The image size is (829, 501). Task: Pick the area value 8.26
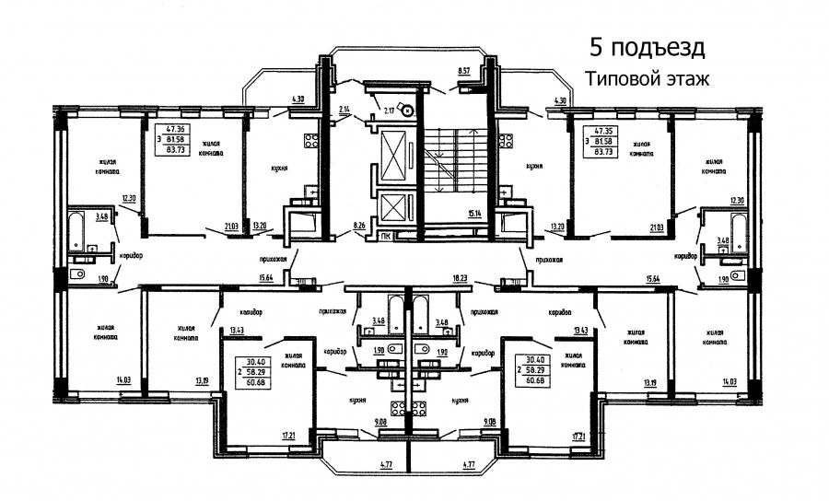pyautogui.click(x=360, y=224)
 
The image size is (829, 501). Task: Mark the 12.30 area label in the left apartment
pyautogui.click(x=129, y=199)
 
